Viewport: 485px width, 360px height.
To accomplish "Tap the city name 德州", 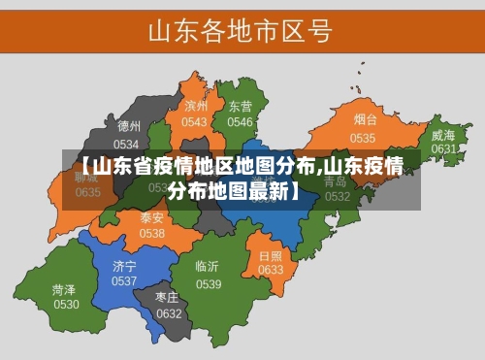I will click(129, 126).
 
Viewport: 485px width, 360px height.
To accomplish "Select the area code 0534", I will click(127, 143).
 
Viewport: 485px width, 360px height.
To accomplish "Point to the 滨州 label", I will click(196, 106).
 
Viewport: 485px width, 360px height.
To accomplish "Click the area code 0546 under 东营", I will click(240, 122).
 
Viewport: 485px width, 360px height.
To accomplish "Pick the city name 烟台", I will click(365, 120).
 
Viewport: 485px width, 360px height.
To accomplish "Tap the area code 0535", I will click(363, 138).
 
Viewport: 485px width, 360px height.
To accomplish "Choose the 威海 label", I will click(442, 135).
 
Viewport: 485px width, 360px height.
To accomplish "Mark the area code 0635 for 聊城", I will click(87, 192).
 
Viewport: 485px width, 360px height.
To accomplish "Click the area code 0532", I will click(337, 196).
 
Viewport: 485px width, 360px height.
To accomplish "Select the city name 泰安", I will click(151, 217).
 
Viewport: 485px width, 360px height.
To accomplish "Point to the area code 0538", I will click(151, 234).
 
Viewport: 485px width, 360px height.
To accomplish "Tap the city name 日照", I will click(271, 255).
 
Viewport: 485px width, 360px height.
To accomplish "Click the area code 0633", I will click(271, 270).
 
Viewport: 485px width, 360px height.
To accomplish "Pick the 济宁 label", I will click(124, 265).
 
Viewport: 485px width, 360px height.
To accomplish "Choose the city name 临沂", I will click(207, 267).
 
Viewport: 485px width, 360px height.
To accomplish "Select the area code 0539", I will click(209, 283).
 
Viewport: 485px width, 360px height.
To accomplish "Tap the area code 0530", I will click(66, 305).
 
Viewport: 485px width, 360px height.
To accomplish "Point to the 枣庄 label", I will click(168, 297).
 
